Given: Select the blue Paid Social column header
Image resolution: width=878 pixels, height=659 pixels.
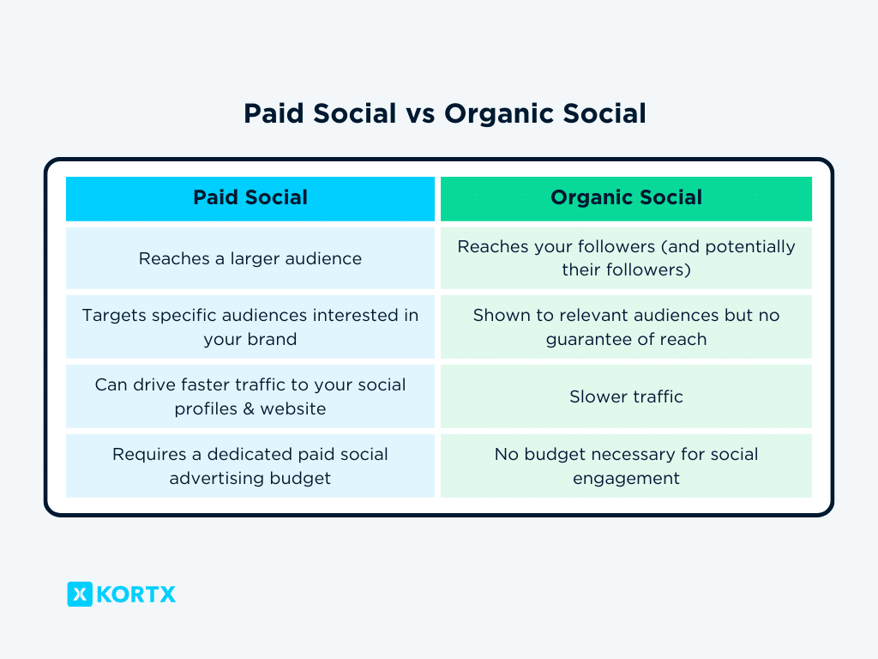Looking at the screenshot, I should (x=250, y=198).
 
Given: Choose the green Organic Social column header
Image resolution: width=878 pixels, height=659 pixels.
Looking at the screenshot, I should (x=626, y=198).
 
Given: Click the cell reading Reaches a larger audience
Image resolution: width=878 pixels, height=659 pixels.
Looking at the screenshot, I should (x=250, y=258).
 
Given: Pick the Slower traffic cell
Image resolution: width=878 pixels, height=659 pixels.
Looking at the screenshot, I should (x=626, y=396).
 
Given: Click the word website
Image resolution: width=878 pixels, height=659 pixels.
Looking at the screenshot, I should (x=294, y=409).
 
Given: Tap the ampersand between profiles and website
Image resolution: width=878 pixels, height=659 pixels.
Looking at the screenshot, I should (x=250, y=409).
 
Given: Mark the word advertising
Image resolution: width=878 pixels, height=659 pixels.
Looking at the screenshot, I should (x=219, y=479).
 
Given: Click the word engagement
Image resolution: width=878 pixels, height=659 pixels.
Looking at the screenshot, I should (x=626, y=479).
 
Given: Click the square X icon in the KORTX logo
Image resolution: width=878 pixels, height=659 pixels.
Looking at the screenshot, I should (x=80, y=594).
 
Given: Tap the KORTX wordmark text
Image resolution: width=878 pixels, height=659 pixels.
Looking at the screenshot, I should (x=136, y=594).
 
